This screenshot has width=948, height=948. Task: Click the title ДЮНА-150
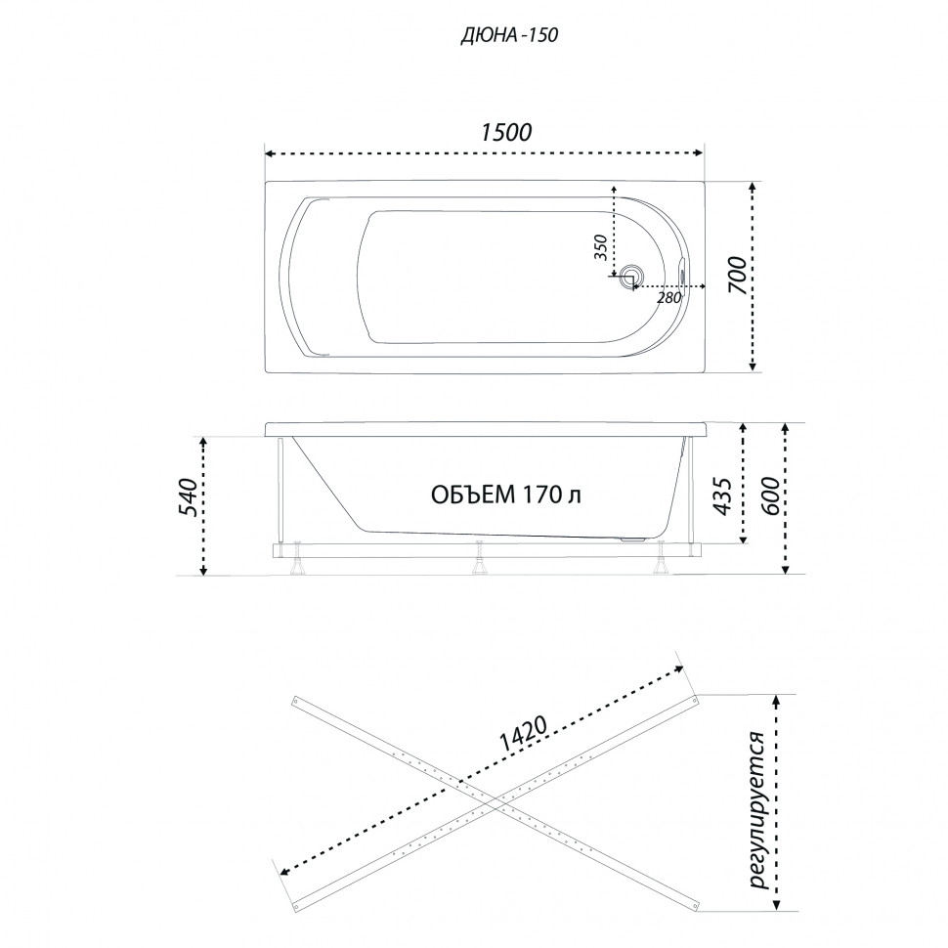pos(509,35)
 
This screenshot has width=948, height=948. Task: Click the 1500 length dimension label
pos(506,132)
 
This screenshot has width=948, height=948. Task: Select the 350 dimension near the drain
pos(600,246)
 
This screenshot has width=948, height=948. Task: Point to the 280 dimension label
pos(669,297)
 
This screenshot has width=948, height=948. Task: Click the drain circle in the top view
pos(632,275)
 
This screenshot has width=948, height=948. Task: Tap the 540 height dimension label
pos(189,497)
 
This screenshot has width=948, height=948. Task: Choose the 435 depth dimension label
pos(723,496)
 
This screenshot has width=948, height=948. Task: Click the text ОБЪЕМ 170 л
pos(506,495)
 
